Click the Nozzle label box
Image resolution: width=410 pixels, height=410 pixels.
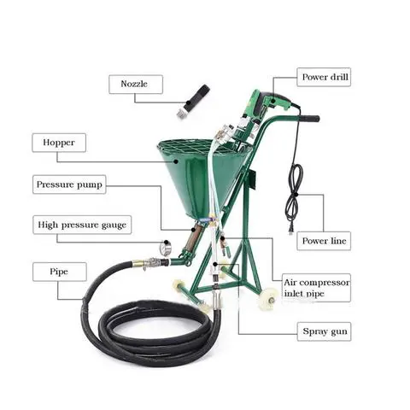[x=136, y=85]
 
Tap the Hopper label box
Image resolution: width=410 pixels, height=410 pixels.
[x=59, y=143]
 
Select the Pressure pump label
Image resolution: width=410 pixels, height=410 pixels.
[x=69, y=184]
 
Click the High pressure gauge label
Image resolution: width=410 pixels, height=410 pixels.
[x=82, y=225]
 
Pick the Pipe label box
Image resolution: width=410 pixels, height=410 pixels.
[x=60, y=272]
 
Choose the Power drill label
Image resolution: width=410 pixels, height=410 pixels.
[x=324, y=77]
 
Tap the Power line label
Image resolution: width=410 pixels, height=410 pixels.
[x=324, y=241]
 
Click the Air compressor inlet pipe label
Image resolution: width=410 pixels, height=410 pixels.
[x=316, y=288]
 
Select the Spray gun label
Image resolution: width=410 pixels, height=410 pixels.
[x=324, y=331]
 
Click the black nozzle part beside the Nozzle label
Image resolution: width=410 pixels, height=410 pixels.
[x=197, y=97]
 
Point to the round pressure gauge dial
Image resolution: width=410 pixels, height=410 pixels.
[x=166, y=248]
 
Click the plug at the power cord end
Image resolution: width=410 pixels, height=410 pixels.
[x=290, y=229]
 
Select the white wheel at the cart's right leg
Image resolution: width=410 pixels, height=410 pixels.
[x=269, y=298]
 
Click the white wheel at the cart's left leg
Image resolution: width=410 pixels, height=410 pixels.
[x=179, y=285]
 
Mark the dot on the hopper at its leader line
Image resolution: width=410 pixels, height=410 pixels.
[x=176, y=161]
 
